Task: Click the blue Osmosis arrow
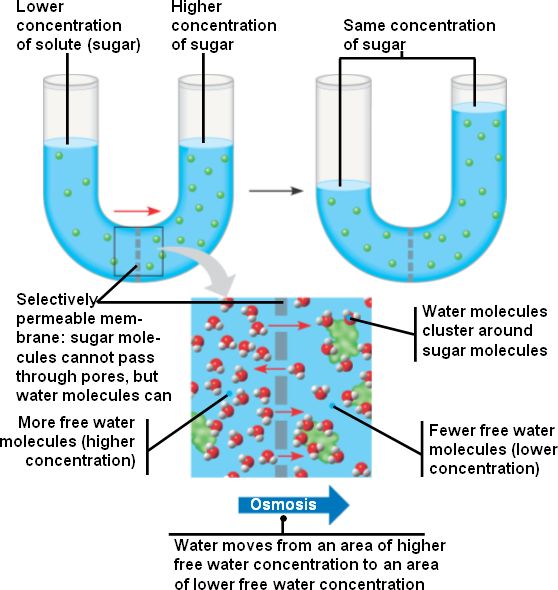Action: click(x=293, y=505)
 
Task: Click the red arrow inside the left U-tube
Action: click(x=137, y=211)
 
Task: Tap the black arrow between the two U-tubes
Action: click(x=276, y=191)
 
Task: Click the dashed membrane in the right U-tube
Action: click(x=411, y=255)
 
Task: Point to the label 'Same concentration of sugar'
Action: click(x=419, y=35)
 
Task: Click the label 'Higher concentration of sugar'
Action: click(x=224, y=26)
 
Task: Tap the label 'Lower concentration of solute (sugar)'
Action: click(x=78, y=26)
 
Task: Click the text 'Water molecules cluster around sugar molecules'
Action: click(x=485, y=331)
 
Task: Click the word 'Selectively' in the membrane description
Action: click(x=56, y=300)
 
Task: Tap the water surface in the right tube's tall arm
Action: click(x=479, y=107)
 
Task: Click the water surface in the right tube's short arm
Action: click(x=344, y=185)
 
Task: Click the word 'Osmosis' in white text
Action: click(x=283, y=504)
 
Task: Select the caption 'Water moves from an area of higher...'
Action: click(x=309, y=564)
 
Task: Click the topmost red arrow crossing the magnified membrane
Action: click(x=289, y=325)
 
